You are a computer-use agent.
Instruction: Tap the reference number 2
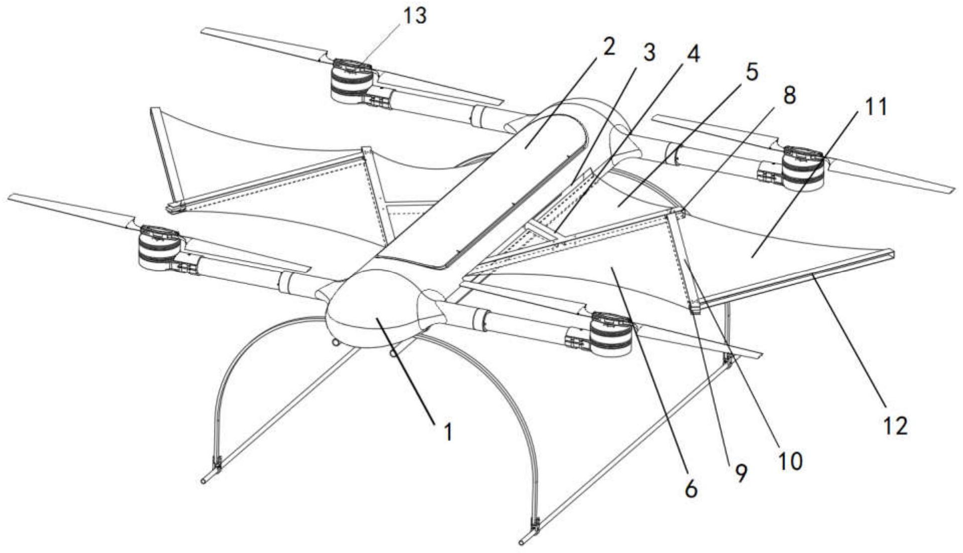[608, 48]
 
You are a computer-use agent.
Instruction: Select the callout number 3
[649, 53]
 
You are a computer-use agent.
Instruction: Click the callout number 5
[751, 72]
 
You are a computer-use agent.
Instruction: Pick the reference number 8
[789, 95]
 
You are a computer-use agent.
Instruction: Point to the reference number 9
[741, 472]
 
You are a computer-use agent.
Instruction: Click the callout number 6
[691, 488]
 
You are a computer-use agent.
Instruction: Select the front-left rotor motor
[160, 247]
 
